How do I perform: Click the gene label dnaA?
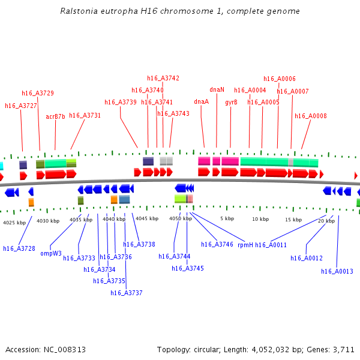tap(201, 102)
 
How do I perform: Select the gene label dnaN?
tap(217, 90)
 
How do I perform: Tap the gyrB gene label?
tap(231, 102)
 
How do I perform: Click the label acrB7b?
tap(55, 116)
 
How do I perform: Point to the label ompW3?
tap(51, 253)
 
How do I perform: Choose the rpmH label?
tap(245, 245)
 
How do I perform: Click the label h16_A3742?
tap(163, 78)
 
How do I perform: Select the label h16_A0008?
tap(310, 116)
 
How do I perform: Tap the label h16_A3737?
tap(127, 293)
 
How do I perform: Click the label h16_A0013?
tap(337, 271)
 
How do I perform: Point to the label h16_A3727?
tap(21, 106)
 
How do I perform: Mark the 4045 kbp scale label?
tap(146, 219)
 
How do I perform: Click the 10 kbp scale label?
tap(260, 219)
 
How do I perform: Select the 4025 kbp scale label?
tap(14, 223)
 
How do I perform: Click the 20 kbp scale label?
tap(326, 221)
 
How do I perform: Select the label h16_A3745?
tap(188, 268)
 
